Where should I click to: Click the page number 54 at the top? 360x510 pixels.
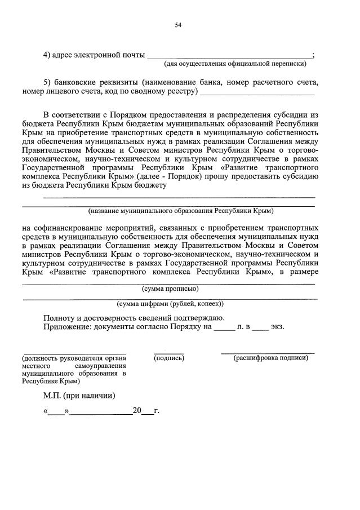tap(179, 25)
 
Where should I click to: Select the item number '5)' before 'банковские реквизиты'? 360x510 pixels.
tap(48, 82)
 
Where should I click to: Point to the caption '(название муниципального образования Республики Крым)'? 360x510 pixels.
tap(180, 211)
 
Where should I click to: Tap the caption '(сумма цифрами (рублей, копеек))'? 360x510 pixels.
tap(170, 303)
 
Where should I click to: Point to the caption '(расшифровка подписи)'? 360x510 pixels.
tap(270, 358)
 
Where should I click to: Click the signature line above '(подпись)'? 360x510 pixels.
tap(169, 353)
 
